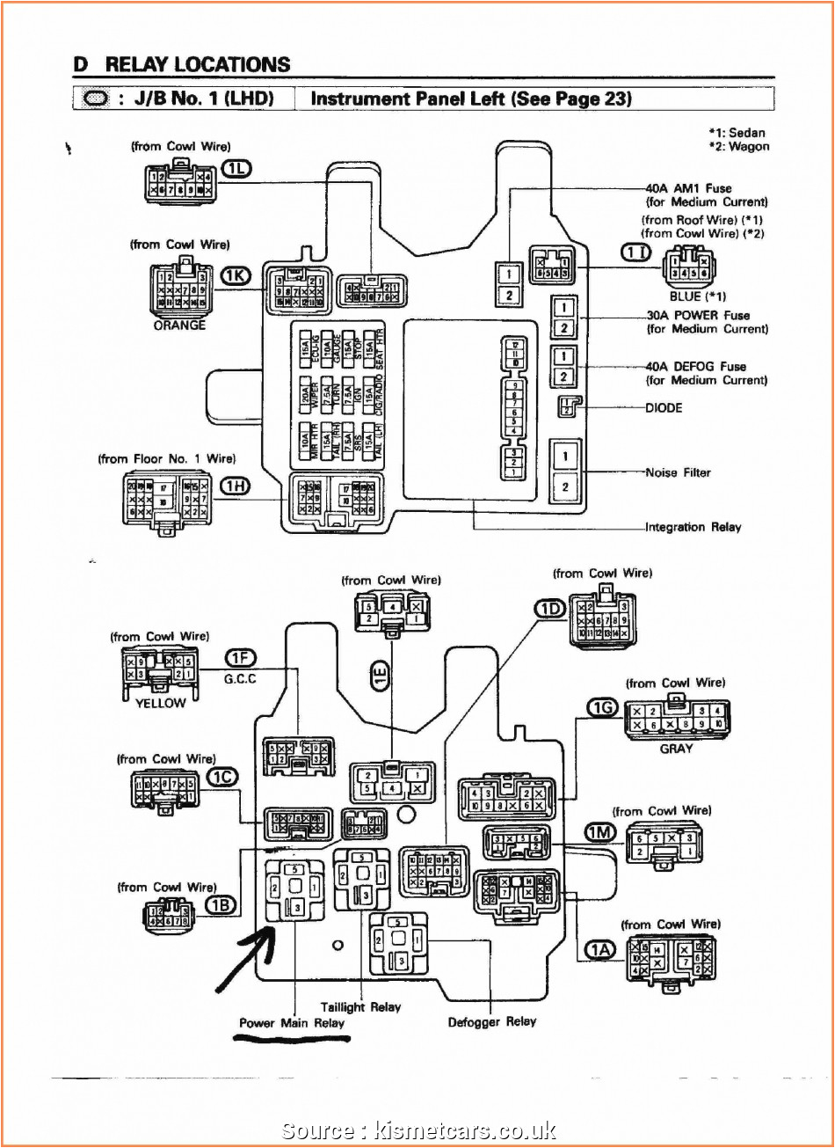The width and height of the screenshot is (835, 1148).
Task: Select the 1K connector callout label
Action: [x=236, y=276]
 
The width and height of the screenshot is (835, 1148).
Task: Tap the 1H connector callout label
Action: [x=235, y=487]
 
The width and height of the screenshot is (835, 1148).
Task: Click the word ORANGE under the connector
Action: [x=179, y=325]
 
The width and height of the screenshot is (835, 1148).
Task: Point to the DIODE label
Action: [x=664, y=407]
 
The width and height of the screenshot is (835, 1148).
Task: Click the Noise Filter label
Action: [x=678, y=472]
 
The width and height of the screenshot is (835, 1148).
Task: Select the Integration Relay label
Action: [x=693, y=527]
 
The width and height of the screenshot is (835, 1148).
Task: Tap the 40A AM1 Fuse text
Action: [x=689, y=188]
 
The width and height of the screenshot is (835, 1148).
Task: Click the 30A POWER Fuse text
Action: [x=698, y=315]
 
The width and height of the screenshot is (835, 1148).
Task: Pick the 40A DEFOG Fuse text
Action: [x=696, y=366]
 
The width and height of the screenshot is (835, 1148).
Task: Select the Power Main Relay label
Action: [x=292, y=1023]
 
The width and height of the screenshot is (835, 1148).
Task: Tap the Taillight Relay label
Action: [x=360, y=1007]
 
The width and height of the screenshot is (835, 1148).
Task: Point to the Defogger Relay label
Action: [x=492, y=1021]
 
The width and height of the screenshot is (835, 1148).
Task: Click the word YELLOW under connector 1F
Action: [x=160, y=703]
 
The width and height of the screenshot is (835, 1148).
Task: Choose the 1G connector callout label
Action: [x=603, y=706]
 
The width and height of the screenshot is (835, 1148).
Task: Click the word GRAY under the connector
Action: [x=676, y=749]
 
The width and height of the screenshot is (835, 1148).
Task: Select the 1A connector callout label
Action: [x=601, y=949]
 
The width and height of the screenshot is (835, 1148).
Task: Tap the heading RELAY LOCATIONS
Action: [x=197, y=64]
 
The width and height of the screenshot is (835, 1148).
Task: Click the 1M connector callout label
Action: [x=601, y=831]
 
